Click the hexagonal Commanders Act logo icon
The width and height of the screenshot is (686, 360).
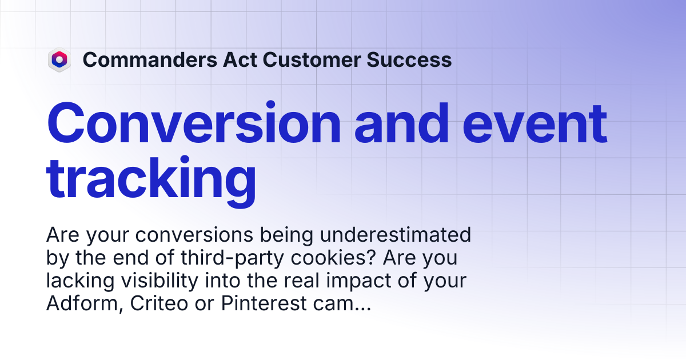click(59, 59)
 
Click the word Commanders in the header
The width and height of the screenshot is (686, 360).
click(150, 59)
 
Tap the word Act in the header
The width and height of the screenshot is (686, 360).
click(240, 59)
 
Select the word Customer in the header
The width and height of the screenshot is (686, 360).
click(312, 59)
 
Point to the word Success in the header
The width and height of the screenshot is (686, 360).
click(409, 59)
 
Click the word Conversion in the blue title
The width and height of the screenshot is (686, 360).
click(194, 123)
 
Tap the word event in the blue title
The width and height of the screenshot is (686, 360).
click(535, 123)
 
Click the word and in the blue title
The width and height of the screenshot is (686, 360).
click(402, 123)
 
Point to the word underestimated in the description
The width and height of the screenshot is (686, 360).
click(396, 235)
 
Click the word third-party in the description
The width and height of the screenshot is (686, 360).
click(233, 258)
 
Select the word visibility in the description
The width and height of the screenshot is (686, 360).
click(159, 281)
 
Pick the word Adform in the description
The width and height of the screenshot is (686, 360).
click(85, 303)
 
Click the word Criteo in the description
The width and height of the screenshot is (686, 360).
click(159, 303)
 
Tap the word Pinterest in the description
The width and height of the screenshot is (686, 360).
click(264, 303)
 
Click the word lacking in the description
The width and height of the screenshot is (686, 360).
click(80, 281)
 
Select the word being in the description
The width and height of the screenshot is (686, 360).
click(286, 235)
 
